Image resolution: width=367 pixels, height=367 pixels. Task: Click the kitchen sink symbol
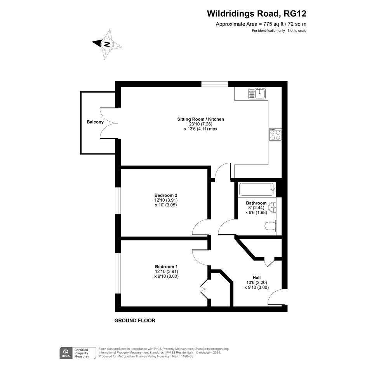tap(257, 93)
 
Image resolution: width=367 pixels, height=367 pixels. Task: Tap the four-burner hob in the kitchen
tap(275, 135)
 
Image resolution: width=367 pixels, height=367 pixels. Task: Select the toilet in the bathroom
tap(271, 226)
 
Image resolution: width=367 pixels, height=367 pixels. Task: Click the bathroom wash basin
tap(273, 207)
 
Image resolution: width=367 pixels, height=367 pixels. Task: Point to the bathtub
tap(257, 190)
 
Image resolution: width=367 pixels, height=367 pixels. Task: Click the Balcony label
tap(95, 122)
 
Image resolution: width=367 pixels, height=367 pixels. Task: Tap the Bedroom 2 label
tap(166, 195)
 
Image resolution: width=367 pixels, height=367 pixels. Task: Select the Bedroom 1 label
tap(166, 266)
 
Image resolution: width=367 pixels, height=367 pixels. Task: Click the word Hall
tap(257, 278)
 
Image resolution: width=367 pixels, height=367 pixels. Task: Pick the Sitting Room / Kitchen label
tap(200, 119)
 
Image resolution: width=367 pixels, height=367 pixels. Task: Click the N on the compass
tap(107, 44)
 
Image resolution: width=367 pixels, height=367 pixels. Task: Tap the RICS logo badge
tap(66, 353)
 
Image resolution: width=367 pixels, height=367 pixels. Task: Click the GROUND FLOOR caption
tap(135, 321)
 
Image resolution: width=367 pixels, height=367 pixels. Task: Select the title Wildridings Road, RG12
tap(257, 14)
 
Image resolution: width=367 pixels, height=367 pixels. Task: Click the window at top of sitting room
tap(215, 84)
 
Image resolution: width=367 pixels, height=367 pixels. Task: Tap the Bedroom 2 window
tap(118, 200)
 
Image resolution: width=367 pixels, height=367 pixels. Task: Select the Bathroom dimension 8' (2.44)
tap(256, 208)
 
